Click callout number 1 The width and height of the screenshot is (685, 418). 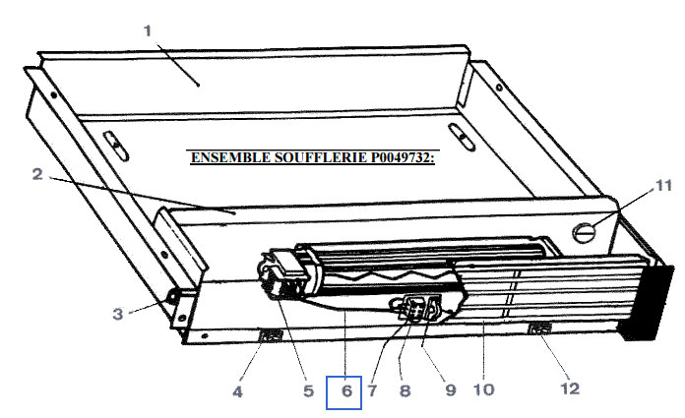tap(148, 31)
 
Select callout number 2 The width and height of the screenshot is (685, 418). tap(37, 174)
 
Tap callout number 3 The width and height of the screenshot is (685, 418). tap(118, 314)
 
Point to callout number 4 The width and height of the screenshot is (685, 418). tap(237, 391)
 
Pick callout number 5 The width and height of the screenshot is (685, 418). tap(308, 390)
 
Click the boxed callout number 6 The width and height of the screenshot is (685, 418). tap(346, 390)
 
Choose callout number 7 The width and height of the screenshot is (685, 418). tap(372, 390)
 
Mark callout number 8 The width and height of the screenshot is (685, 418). tap(405, 390)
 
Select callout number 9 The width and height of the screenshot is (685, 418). tap(451, 389)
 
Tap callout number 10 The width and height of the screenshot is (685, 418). tap(483, 389)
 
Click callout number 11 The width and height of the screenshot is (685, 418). tap(663, 186)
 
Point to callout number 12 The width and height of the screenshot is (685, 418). tap(570, 388)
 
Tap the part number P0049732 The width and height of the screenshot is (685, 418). tap(403, 157)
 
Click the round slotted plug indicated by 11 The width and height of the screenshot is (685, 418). tap(584, 232)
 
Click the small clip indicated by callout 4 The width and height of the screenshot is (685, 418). tap(271, 336)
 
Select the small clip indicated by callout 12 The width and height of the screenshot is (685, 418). tap(540, 328)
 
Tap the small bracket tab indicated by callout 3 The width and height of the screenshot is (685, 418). tap(172, 298)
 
